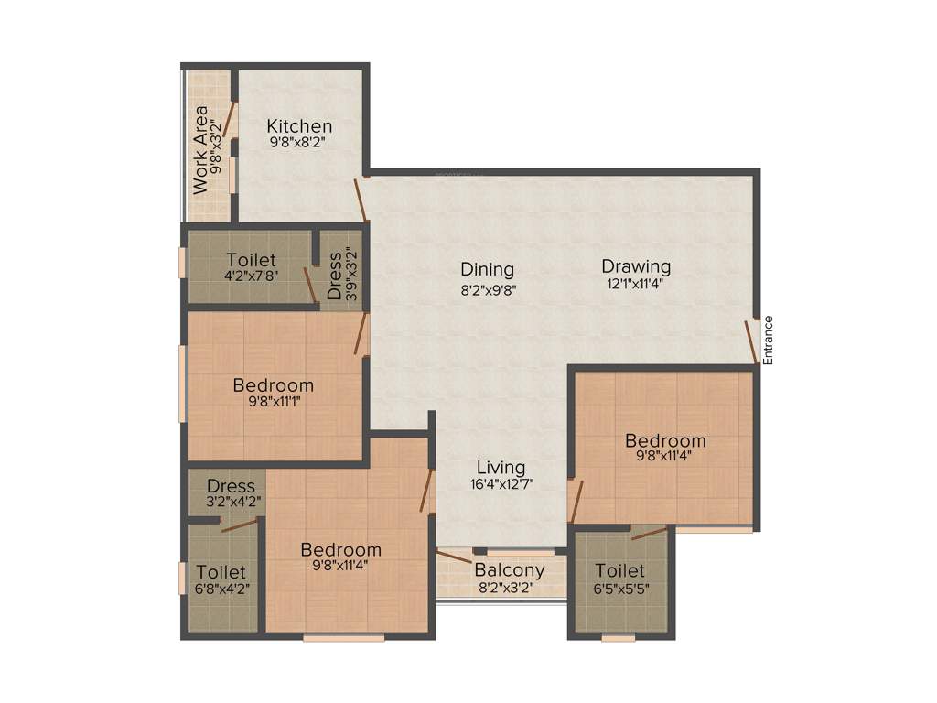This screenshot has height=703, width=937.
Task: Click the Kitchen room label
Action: click(299, 125)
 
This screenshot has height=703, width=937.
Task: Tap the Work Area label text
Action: click(199, 150)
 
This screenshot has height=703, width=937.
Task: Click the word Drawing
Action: click(636, 266)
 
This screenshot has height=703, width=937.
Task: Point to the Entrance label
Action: click(769, 341)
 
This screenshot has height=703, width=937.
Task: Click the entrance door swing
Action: click(750, 341)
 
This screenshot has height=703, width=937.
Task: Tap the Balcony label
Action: click(509, 570)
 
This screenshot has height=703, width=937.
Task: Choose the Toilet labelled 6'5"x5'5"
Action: click(619, 571)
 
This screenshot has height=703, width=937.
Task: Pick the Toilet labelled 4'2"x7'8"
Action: click(252, 261)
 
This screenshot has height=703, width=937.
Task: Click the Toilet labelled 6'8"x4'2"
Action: click(221, 572)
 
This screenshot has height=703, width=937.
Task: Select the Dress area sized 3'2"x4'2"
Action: click(231, 486)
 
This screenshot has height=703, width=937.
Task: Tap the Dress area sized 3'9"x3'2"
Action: click(335, 276)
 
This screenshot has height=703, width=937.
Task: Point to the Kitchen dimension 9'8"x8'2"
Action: click(297, 143)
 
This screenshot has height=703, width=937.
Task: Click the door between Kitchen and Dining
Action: click(362, 200)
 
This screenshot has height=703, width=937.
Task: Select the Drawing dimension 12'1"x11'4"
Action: click(635, 284)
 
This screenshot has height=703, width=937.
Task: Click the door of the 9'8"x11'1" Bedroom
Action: click(361, 333)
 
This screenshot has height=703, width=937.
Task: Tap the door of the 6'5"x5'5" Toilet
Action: click(649, 534)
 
